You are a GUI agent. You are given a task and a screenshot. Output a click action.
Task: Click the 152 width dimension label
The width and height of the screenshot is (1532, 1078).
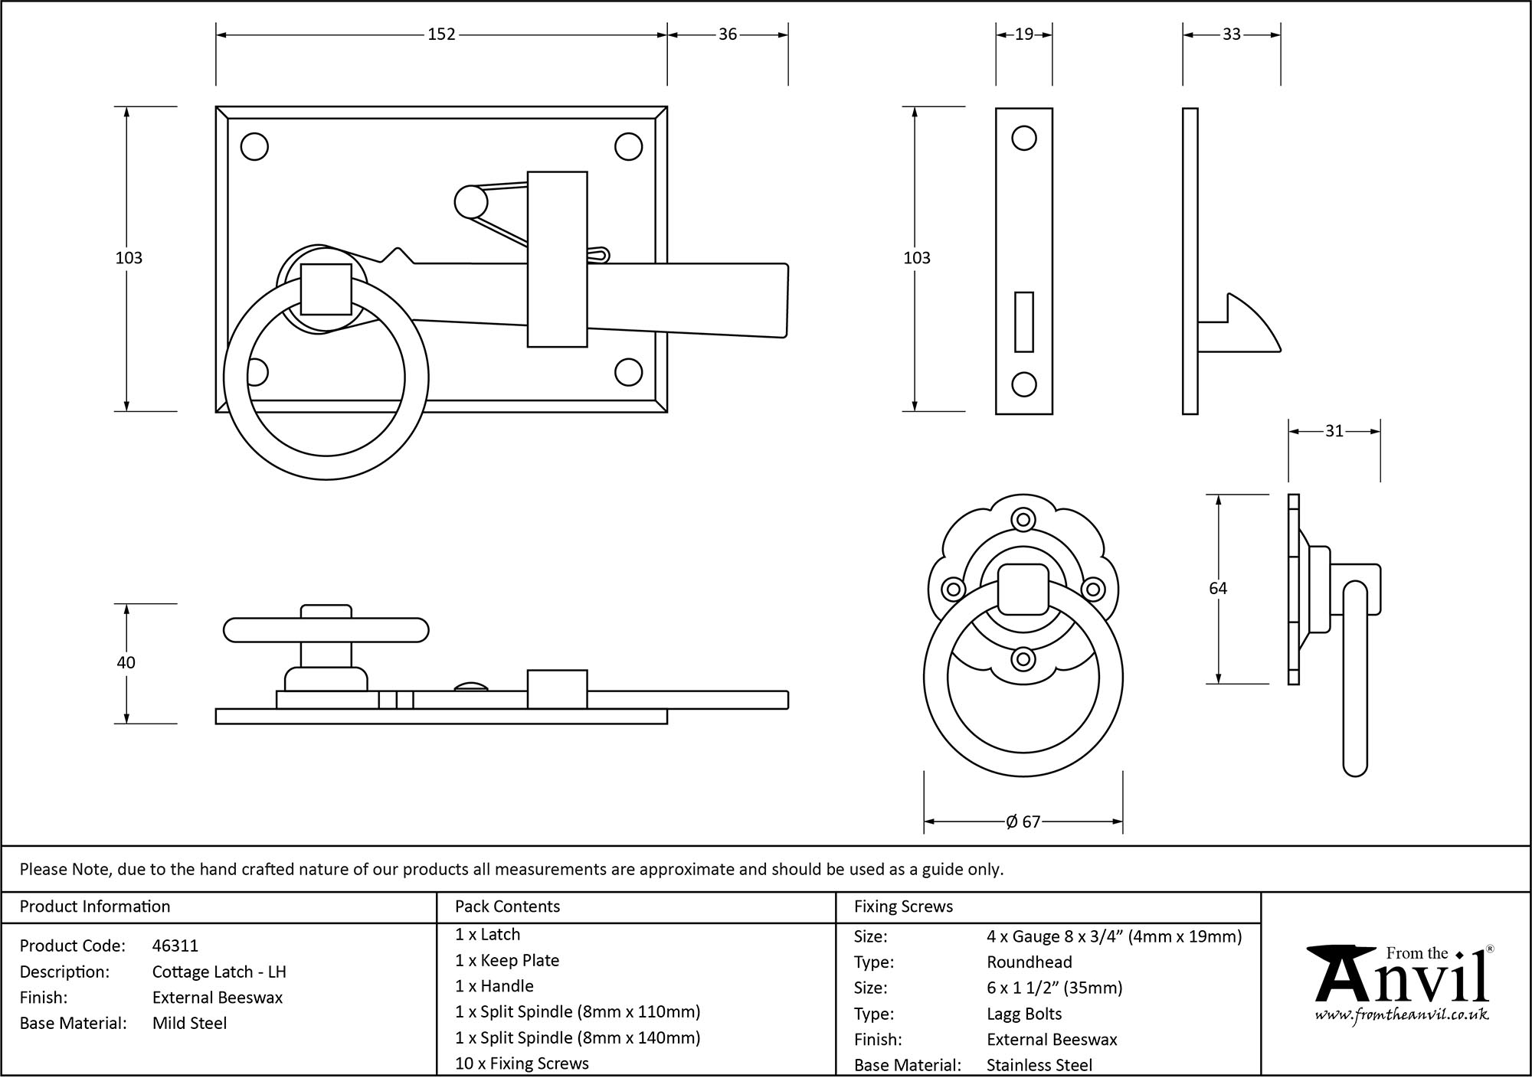441,34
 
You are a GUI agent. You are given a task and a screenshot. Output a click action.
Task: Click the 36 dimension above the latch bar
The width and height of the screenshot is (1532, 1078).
728,34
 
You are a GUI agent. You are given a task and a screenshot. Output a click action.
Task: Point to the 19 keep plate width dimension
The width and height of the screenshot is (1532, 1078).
1024,34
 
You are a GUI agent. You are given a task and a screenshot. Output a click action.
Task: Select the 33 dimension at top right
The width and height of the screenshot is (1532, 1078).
1232,34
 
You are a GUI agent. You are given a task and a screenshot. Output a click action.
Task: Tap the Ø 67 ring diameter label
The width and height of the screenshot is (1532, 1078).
1023,822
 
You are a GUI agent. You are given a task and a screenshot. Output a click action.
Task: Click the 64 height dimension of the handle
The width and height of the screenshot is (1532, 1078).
1218,588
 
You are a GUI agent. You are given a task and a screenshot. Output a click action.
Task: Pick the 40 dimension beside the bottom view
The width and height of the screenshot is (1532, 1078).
126,662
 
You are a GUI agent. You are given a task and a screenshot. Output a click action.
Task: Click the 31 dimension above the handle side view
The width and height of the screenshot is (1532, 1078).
1334,431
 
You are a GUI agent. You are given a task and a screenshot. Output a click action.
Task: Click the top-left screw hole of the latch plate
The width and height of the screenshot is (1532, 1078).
254,146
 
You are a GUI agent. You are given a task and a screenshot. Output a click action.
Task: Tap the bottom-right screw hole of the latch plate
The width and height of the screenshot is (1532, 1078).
628,372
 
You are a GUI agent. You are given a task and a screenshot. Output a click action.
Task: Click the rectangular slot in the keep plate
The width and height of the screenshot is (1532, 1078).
1024,322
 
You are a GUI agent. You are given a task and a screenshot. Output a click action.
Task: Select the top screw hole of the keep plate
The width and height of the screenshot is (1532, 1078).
1024,139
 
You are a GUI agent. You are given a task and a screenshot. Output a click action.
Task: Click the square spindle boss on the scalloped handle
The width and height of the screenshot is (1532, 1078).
1023,589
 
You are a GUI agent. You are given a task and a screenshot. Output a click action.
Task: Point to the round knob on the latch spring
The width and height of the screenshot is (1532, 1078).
470,202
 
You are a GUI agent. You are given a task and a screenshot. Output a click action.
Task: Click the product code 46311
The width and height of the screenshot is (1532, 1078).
175,946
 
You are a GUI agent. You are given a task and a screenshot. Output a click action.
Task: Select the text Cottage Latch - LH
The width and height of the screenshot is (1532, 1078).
219,972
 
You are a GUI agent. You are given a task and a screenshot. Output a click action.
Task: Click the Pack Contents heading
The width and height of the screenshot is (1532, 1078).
507,906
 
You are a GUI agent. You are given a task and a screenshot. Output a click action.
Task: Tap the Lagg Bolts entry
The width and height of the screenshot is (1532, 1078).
1024,1014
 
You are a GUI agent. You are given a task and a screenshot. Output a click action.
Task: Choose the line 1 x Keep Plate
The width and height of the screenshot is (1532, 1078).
507,960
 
